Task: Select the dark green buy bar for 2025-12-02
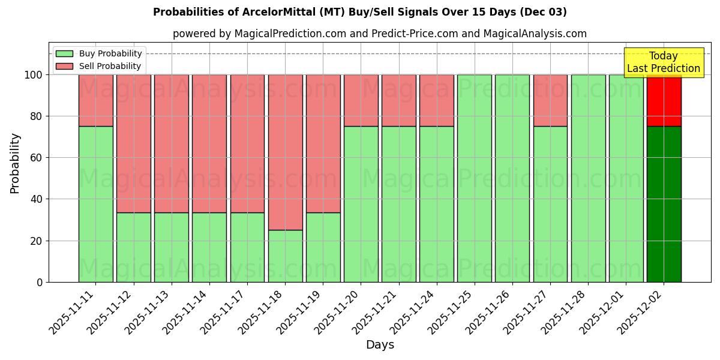664,204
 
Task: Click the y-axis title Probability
15,163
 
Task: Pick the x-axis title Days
380,345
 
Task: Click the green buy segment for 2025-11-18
285,256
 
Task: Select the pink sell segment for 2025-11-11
95,100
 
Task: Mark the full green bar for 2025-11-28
588,178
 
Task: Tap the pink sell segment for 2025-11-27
550,100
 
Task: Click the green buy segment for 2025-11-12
133,247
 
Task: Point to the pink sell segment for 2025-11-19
323,143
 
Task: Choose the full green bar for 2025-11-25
474,178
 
